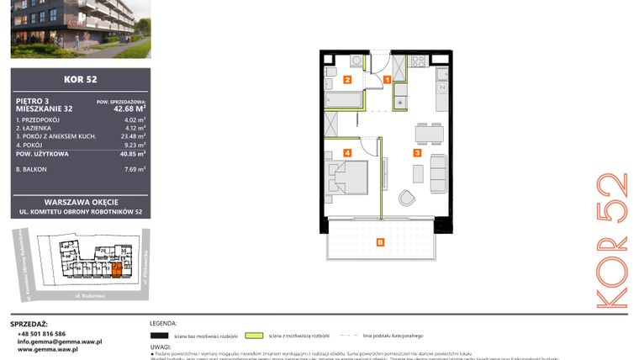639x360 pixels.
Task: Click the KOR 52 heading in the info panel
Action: [80, 80]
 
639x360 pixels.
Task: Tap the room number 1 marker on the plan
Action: [387, 80]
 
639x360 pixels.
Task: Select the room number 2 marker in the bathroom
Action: [347, 81]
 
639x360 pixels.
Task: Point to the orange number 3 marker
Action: [416, 153]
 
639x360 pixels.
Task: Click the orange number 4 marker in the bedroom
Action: [347, 153]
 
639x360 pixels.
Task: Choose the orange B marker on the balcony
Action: [380, 243]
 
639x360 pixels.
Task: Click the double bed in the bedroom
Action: [347, 177]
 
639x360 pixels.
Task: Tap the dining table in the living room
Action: [429, 133]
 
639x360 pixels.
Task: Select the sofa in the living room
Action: [437, 172]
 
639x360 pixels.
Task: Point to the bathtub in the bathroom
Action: [343, 100]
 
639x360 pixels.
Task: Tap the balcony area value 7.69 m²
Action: [135, 169]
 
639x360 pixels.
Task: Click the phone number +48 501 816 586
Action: [41, 333]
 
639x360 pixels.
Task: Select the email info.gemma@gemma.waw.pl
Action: [60, 341]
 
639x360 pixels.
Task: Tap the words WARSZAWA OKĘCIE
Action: [81, 202]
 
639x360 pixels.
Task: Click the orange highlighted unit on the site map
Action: [116, 269]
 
